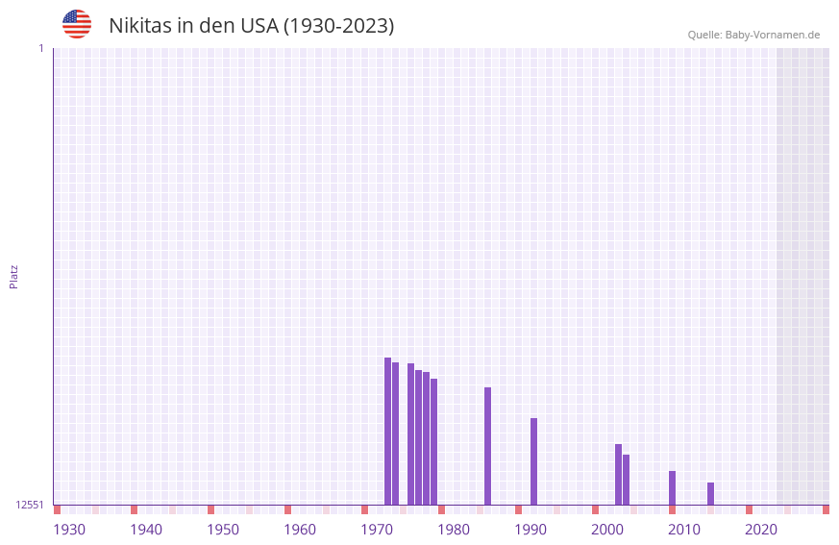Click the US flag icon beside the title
pyautogui.click(x=77, y=24)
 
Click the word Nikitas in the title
pyautogui.click(x=139, y=26)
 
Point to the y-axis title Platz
pyautogui.click(x=13, y=276)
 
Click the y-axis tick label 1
pyautogui.click(x=40, y=48)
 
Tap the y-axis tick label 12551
pyautogui.click(x=30, y=505)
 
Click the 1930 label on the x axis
pyautogui.click(x=69, y=530)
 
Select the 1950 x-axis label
pyautogui.click(x=223, y=530)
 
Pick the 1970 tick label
pyautogui.click(x=377, y=530)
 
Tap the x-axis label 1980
pyautogui.click(x=454, y=530)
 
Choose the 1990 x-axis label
pyautogui.click(x=531, y=530)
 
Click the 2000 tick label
pyautogui.click(x=607, y=530)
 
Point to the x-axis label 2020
pyautogui.click(x=761, y=530)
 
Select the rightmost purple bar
pyautogui.click(x=710, y=493)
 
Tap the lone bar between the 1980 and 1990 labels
pyautogui.click(x=487, y=446)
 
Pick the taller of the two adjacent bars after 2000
pyautogui.click(x=618, y=474)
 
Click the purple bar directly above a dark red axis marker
pyautogui.click(x=672, y=487)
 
